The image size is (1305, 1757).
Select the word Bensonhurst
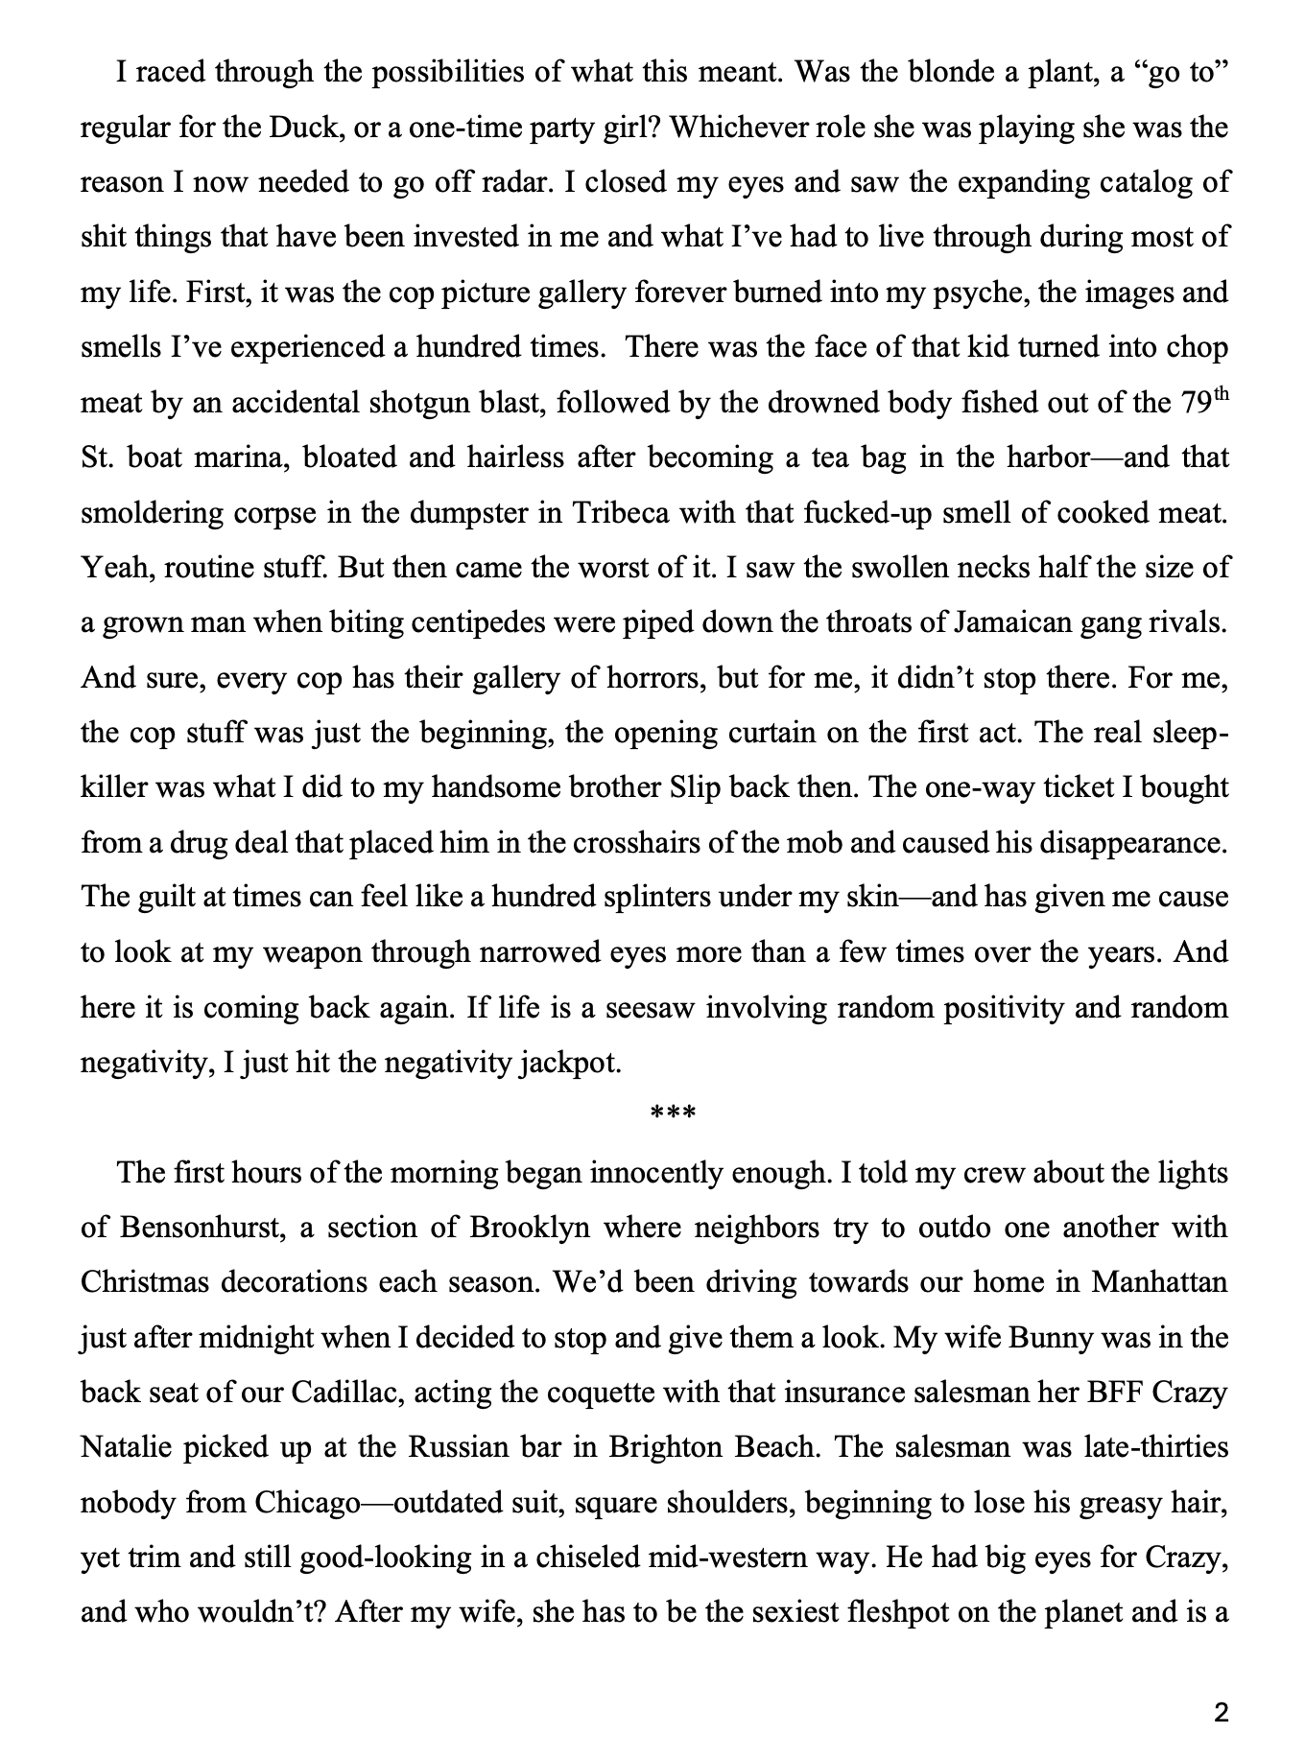click(201, 1228)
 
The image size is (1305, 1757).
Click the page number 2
click(1221, 1713)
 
